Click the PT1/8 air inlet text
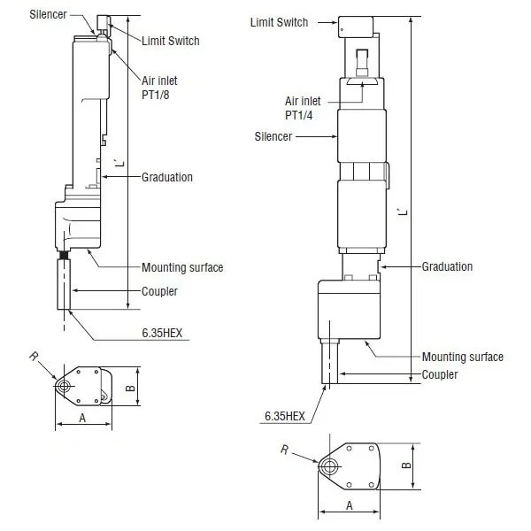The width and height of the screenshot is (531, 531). pos(156,96)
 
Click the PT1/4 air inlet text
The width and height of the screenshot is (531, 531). pos(299,115)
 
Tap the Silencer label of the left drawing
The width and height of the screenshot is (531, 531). pos(48,14)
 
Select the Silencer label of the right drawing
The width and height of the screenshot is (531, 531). pos(273,136)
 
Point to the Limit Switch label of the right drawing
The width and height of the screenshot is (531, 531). pos(279,22)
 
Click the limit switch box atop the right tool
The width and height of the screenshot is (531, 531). pos(356,27)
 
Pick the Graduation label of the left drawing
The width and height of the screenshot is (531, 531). pos(167,177)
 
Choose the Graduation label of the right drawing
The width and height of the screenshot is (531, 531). pos(447,266)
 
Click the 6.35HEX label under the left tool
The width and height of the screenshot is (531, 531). pos(162,333)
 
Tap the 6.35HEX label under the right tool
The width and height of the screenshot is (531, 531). pos(285,416)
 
